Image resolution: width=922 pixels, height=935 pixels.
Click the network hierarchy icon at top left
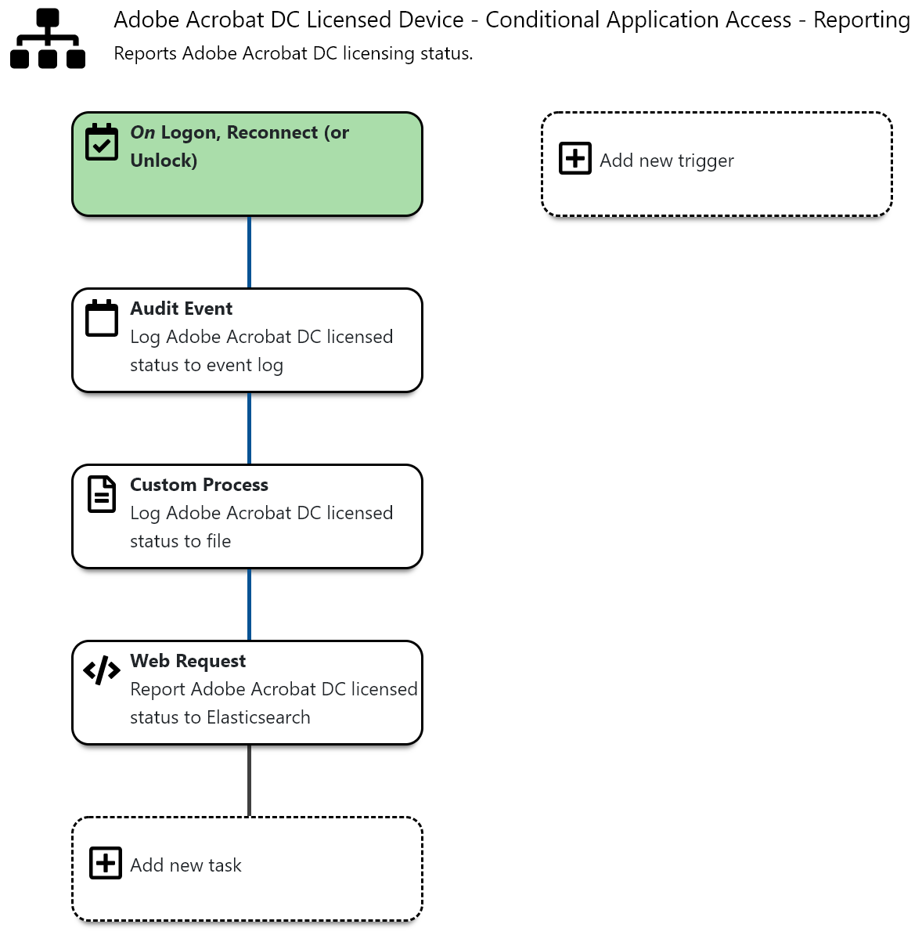pos(48,39)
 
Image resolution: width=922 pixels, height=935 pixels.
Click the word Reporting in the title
pos(861,20)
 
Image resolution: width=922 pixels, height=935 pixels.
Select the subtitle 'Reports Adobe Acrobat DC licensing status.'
pos(293,54)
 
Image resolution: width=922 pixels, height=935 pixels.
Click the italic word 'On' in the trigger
pos(142,133)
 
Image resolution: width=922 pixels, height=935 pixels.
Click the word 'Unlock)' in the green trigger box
pos(164,161)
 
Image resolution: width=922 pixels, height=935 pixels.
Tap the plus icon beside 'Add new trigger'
pos(575,158)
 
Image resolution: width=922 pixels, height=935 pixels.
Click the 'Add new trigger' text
pos(666,161)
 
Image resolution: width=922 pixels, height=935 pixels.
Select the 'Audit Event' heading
pos(181,309)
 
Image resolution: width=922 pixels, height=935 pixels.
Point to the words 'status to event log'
pos(206,366)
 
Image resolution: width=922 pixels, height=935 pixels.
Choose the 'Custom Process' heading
pos(199,485)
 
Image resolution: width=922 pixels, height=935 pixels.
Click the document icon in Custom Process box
pos(102,494)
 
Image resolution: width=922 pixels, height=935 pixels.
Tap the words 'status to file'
pos(180,542)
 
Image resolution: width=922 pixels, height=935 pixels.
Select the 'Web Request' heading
pos(188,661)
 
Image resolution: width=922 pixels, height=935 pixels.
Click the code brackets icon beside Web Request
pos(102,670)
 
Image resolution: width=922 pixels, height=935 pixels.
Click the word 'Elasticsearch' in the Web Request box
pos(258,718)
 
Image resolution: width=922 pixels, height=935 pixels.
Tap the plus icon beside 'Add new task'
pos(106,863)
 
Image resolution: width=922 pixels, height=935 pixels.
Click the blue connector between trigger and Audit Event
pos(249,252)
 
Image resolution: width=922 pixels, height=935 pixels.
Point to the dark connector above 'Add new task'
pos(249,781)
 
